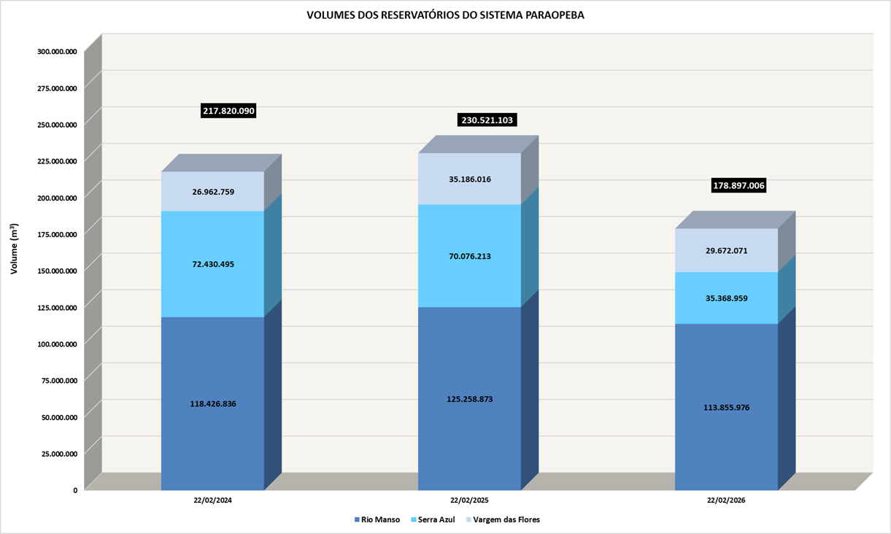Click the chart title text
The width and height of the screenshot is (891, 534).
click(x=445, y=15)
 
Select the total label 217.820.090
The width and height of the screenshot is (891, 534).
click(x=228, y=111)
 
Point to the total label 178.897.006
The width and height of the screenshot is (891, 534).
click(x=738, y=186)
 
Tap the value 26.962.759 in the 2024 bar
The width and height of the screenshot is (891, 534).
click(x=213, y=192)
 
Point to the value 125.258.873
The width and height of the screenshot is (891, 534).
click(x=468, y=399)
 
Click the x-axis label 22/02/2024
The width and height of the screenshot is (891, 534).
click(x=213, y=501)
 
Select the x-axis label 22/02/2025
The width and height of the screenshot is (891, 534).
click(x=469, y=501)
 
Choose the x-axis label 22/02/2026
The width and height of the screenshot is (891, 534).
click(x=726, y=501)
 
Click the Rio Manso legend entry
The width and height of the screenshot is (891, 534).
click(x=377, y=519)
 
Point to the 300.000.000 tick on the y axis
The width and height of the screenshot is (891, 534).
click(x=57, y=52)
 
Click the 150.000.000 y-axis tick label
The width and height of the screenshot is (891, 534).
click(x=57, y=271)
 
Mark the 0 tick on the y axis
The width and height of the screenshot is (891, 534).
click(x=74, y=490)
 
